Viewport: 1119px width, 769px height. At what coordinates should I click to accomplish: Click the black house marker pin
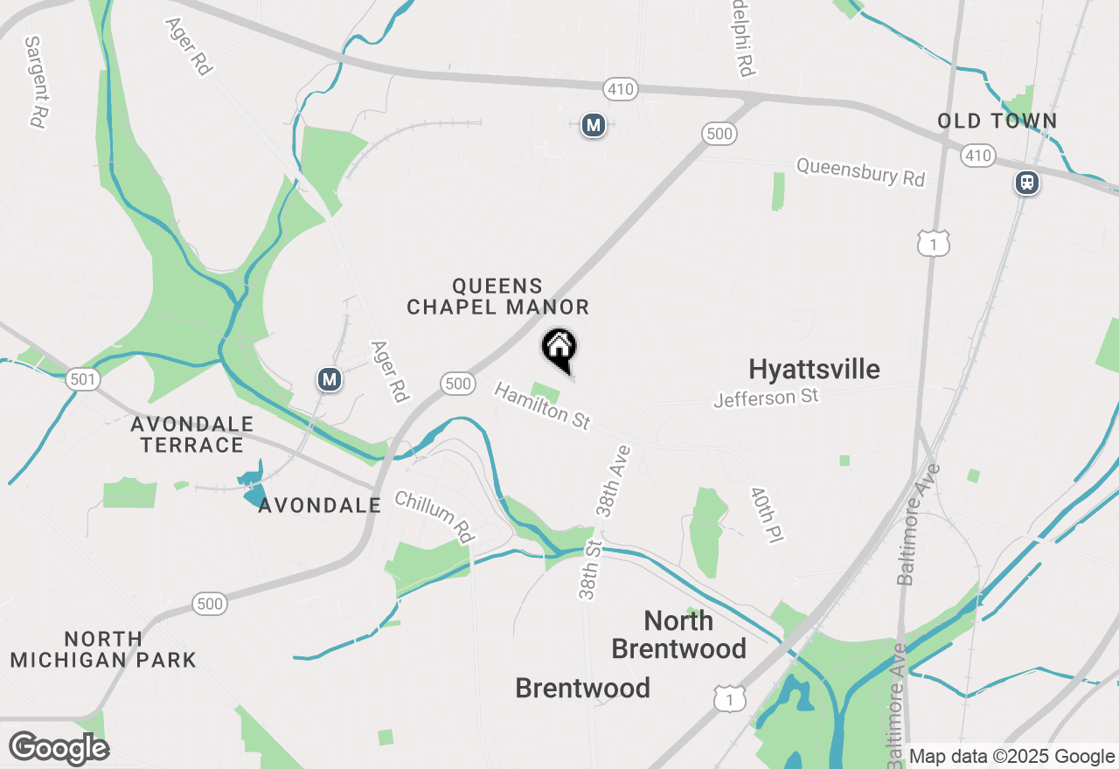point(559,349)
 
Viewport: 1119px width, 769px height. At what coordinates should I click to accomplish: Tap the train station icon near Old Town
point(1026,183)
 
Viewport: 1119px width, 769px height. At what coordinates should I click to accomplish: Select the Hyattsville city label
point(814,369)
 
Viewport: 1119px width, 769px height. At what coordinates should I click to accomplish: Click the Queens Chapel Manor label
point(497,296)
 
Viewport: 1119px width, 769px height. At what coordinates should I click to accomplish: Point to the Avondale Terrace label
point(192,434)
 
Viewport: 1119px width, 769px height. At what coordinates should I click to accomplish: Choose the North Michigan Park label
point(103,649)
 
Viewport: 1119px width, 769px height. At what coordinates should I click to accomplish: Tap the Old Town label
point(997,121)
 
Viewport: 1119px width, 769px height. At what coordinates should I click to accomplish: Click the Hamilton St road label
point(542,405)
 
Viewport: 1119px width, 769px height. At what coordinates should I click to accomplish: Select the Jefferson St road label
point(766,398)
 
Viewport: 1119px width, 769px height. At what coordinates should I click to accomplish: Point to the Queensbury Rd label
point(860,171)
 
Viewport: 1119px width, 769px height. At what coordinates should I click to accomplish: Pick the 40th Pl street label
point(764,516)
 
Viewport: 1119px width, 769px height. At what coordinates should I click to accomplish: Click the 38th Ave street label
point(613,481)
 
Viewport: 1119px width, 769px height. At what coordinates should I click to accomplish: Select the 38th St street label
point(591,570)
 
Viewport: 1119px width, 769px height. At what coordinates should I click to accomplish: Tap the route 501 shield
point(82,379)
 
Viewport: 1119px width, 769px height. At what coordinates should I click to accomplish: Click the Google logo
point(59,748)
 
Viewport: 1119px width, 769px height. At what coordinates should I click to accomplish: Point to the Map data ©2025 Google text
point(1011,757)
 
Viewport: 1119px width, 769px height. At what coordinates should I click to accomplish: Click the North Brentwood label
point(678,634)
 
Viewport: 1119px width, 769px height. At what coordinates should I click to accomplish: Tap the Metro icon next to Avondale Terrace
point(329,379)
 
